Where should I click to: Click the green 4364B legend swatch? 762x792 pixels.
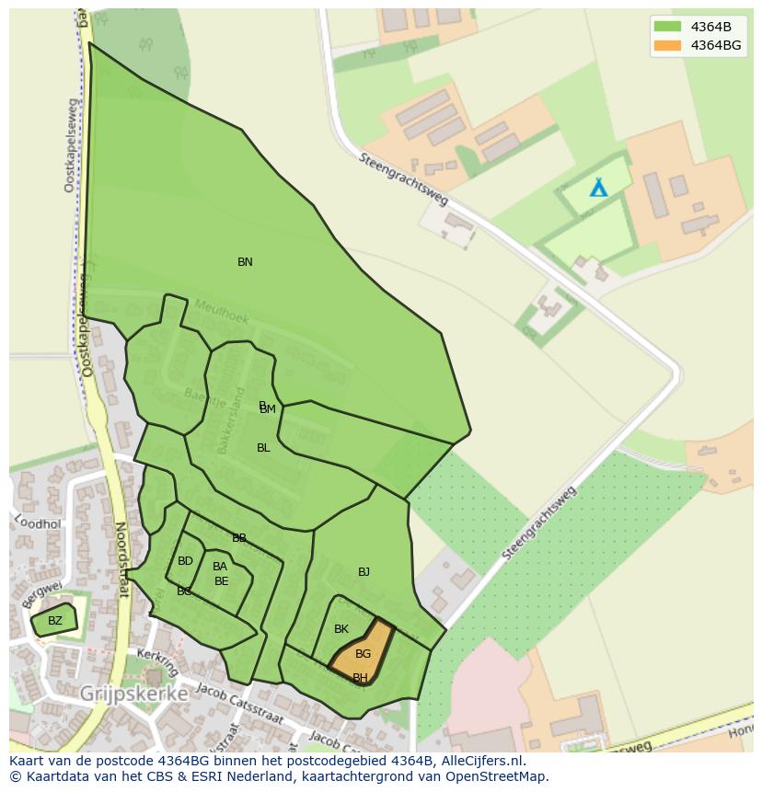667,26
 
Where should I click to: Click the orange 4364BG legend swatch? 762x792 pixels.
667,45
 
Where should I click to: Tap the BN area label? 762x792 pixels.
245,262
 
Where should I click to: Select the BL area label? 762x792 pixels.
263,448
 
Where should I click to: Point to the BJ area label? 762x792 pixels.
364,572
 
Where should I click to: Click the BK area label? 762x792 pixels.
341,629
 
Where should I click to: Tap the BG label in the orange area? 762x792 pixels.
363,654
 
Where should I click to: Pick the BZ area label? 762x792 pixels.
55,621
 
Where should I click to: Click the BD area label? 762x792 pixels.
185,561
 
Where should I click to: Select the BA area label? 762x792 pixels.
220,567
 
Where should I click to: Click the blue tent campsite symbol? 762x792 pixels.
599,188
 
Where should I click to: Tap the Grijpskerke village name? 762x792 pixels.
134,694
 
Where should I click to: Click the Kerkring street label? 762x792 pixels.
156,660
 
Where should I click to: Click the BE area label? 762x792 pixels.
221,581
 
